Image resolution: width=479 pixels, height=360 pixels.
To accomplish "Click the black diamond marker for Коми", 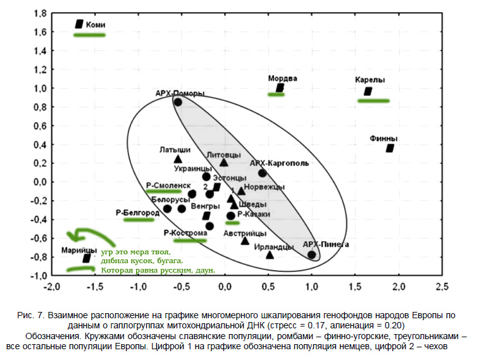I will [x=79, y=24].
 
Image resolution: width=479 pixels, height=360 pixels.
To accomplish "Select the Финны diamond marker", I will [x=390, y=148].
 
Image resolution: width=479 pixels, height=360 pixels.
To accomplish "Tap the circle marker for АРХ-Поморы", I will [x=178, y=102].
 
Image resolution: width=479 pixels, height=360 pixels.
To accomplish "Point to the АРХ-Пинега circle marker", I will [x=311, y=255].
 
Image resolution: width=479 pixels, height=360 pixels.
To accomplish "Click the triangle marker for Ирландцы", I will [x=270, y=255].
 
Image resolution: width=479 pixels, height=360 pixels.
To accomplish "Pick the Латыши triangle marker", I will [x=178, y=159].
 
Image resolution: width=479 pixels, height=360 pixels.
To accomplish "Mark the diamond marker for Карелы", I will [x=368, y=92].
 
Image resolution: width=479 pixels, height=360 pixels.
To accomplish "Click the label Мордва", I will [x=282, y=78].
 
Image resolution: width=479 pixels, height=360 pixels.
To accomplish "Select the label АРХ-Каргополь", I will [x=279, y=163].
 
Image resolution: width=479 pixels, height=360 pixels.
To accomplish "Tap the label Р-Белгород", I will [x=137, y=212].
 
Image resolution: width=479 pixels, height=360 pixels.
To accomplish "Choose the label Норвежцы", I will [x=264, y=187].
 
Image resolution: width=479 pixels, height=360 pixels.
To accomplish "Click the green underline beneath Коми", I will [x=89, y=35].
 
